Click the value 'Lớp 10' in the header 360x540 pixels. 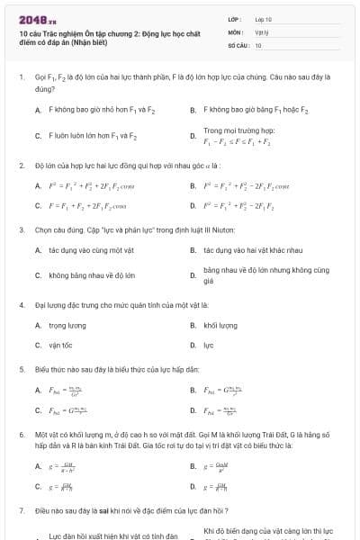tap(263, 18)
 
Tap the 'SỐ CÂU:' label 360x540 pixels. tap(237, 44)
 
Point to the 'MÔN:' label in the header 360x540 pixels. tap(234, 31)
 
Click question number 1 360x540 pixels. tap(21, 78)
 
